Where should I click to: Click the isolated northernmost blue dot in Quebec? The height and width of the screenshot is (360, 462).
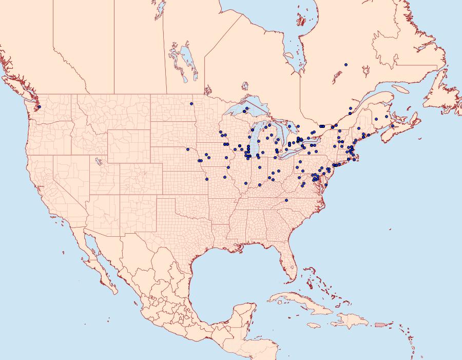tap(346, 65)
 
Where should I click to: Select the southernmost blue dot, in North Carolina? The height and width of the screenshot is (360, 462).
tap(286, 200)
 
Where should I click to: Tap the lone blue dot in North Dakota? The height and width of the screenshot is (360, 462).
tap(191, 104)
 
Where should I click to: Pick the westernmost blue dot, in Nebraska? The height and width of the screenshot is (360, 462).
tap(188, 149)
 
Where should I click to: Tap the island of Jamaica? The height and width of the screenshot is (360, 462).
tap(314, 325)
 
